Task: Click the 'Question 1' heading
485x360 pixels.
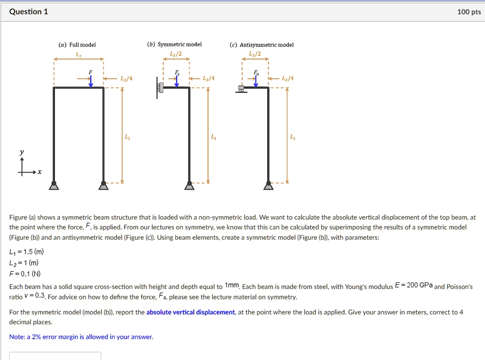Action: pyautogui.click(x=28, y=12)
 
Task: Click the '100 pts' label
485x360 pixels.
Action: pyautogui.click(x=469, y=12)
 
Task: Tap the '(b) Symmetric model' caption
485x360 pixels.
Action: pyautogui.click(x=176, y=45)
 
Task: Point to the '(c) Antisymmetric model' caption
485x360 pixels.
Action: pyautogui.click(x=261, y=45)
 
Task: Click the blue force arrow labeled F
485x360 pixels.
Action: pyautogui.click(x=91, y=81)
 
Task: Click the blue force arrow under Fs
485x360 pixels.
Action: pyautogui.click(x=176, y=81)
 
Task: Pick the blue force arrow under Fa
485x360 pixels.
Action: pyautogui.click(x=255, y=81)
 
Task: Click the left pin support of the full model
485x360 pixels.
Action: pyautogui.click(x=54, y=185)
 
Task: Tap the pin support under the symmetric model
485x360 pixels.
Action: pyautogui.click(x=190, y=185)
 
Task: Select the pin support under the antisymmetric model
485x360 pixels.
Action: pyautogui.click(x=268, y=185)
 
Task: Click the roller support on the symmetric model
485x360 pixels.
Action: pyautogui.click(x=160, y=89)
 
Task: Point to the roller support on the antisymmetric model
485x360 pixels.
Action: pyautogui.click(x=240, y=89)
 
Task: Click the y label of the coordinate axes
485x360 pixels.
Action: pyautogui.click(x=21, y=153)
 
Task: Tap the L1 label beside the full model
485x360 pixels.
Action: pyautogui.click(x=127, y=137)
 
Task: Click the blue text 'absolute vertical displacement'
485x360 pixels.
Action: pyautogui.click(x=190, y=312)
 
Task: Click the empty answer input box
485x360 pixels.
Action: pyautogui.click(x=55, y=356)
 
